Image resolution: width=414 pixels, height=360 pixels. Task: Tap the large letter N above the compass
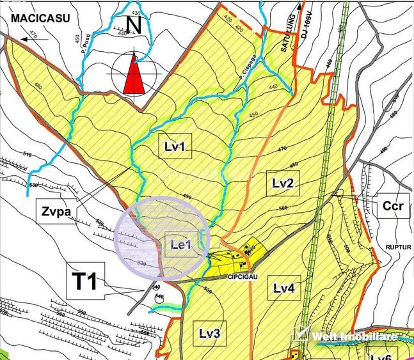click(x=132, y=25)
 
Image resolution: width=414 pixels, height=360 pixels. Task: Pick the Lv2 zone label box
click(x=282, y=184)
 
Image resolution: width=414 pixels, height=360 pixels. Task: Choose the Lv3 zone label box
click(x=209, y=333)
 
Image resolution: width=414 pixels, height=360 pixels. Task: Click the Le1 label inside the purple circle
click(x=181, y=243)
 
